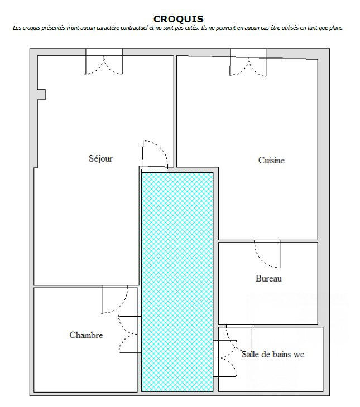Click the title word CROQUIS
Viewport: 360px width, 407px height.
click(179, 19)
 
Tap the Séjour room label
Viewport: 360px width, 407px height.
click(100, 158)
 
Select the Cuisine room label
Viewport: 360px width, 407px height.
click(271, 161)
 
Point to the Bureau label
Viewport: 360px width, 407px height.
click(268, 278)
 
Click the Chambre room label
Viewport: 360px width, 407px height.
click(86, 335)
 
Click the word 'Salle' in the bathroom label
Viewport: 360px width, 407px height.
click(251, 354)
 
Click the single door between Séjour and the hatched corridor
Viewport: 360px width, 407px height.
click(154, 156)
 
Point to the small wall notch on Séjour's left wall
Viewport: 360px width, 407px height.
click(41, 94)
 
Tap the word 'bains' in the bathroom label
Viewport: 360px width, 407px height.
click(281, 354)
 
